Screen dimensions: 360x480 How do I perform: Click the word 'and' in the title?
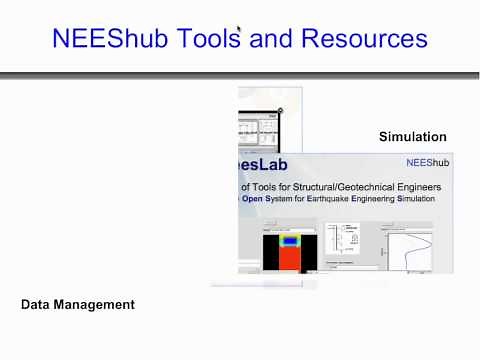(273, 40)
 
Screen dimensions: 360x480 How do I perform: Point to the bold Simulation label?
(412, 136)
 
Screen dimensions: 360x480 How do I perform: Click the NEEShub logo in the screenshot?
(426, 161)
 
